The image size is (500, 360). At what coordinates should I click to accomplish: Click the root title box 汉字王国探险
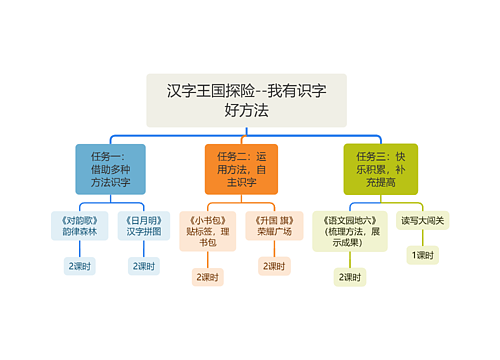point(246,100)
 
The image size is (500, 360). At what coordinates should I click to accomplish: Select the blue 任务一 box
point(110,168)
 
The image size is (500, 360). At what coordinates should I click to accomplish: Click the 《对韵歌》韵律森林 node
point(80,225)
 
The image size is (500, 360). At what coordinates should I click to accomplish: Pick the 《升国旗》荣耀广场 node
point(274,225)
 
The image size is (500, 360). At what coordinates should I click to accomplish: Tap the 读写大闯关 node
point(423,220)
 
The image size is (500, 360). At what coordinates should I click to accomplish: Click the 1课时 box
point(423,256)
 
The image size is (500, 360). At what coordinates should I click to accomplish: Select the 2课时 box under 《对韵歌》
point(80,266)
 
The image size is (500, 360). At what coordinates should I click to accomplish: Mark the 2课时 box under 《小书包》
point(208,277)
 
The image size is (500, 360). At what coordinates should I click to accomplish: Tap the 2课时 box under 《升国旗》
point(274,266)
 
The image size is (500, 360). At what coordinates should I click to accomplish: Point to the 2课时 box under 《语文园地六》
point(348,277)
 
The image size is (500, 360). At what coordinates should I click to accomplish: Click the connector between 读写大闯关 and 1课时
point(423,238)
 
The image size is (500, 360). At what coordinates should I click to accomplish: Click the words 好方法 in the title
point(246,111)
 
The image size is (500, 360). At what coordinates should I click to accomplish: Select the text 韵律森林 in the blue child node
point(80,231)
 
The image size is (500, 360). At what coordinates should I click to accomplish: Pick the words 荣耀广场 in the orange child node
point(274,231)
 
